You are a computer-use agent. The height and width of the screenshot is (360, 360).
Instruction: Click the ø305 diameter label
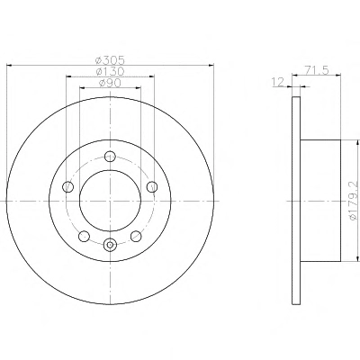pos(110,60)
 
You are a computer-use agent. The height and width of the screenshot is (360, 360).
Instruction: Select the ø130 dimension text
pos(110,72)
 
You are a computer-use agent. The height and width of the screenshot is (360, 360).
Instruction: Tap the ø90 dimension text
pos(110,83)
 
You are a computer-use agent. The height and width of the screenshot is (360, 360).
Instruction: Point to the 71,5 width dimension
pos(318,70)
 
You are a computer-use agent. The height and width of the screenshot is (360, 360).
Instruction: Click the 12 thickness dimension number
pos(277,82)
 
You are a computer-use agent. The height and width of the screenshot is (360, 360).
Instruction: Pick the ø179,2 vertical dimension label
pos(355,201)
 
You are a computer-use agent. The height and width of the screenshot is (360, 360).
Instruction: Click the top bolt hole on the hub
pos(110,156)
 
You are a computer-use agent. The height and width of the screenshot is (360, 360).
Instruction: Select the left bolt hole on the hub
pos(67,187)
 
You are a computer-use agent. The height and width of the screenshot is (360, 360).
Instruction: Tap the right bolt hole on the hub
pos(152,186)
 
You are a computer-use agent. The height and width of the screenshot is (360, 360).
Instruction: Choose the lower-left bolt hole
pos(84,236)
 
